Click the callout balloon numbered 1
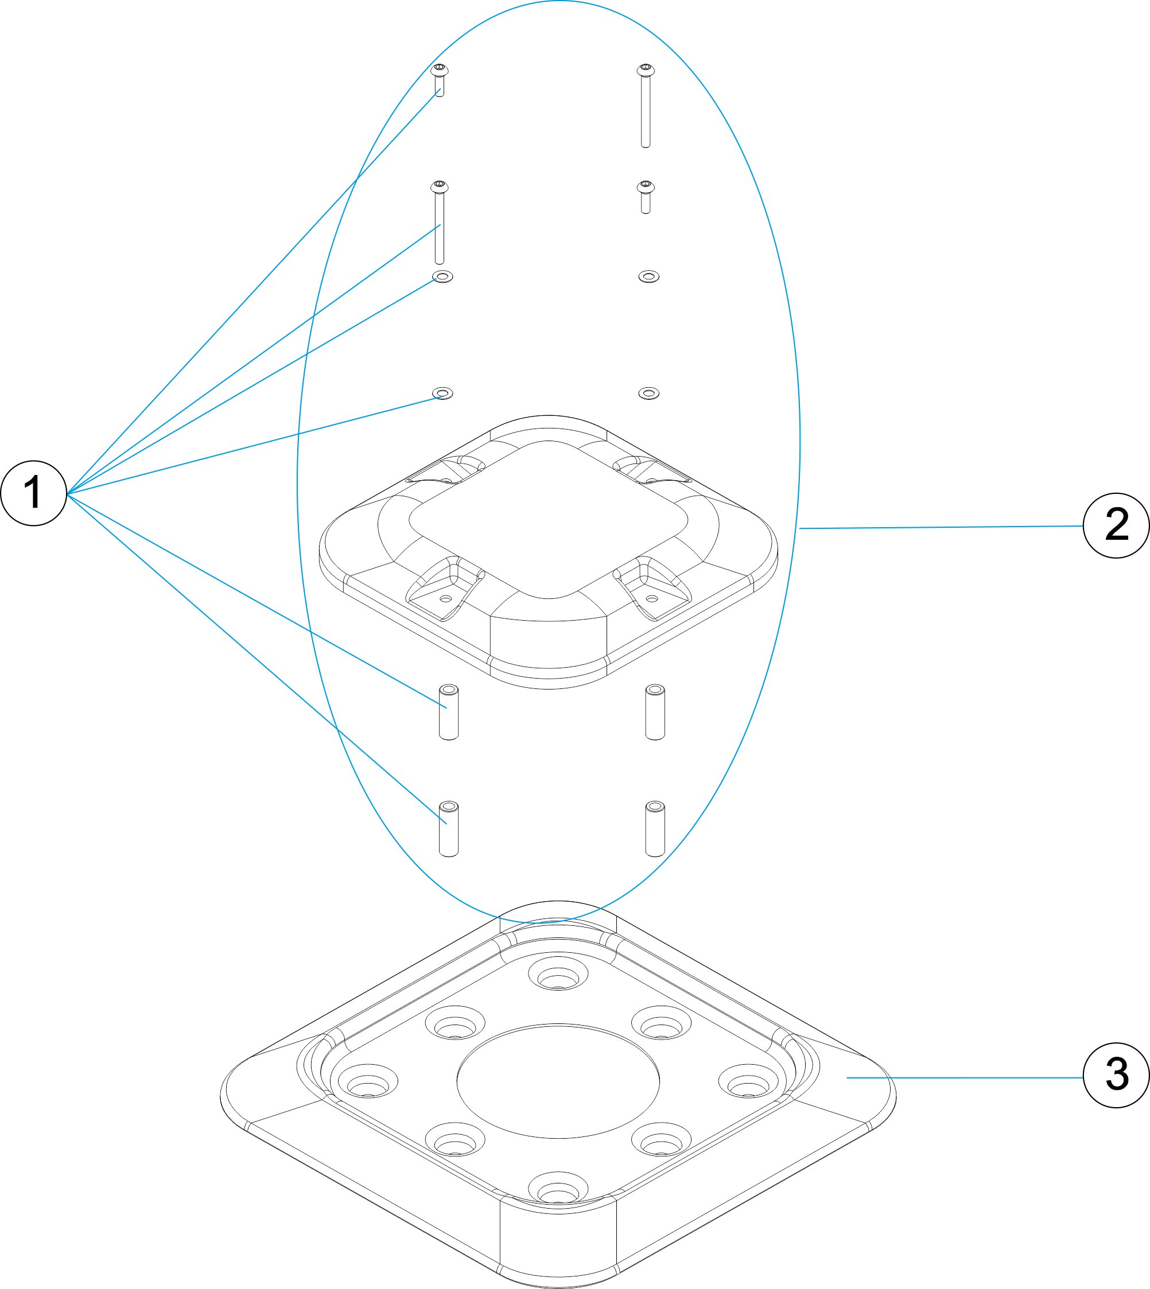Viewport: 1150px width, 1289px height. (x=33, y=493)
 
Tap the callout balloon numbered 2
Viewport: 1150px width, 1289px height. (x=1116, y=525)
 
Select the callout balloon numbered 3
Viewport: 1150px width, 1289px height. (x=1116, y=1075)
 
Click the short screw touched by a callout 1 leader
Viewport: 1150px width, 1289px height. (x=440, y=80)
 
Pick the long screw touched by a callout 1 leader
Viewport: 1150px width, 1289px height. (x=440, y=223)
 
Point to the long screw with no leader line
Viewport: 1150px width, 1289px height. (x=645, y=106)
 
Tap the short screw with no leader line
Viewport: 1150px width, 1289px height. (x=645, y=197)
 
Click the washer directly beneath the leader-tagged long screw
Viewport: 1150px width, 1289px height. (x=442, y=277)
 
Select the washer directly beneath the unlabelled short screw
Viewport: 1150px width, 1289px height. (x=649, y=277)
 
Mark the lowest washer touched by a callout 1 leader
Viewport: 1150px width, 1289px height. (x=442, y=394)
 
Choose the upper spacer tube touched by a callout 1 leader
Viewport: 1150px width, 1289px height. (x=449, y=712)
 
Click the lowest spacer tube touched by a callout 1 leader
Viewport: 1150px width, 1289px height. (x=449, y=828)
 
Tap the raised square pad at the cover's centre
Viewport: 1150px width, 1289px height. (x=549, y=519)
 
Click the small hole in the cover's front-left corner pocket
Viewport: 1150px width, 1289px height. (x=445, y=598)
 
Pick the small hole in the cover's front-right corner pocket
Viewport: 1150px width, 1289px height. (x=652, y=598)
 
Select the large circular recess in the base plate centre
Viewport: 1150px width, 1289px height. (x=558, y=1081)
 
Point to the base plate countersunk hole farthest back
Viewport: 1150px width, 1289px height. (x=558, y=974)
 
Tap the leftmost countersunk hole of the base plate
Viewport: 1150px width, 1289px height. (x=368, y=1081)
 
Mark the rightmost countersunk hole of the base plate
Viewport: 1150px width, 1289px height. (x=749, y=1081)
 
